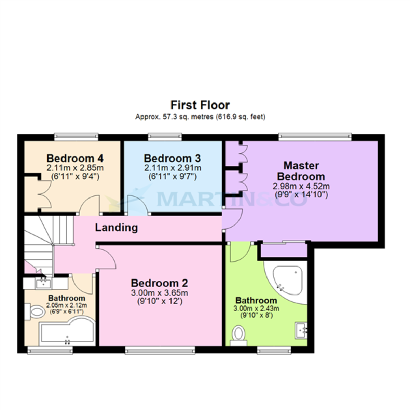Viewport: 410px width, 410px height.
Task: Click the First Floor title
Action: pyautogui.click(x=200, y=105)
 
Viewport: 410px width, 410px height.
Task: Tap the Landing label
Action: pyautogui.click(x=116, y=228)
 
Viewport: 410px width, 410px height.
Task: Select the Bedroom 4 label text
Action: pyautogui.click(x=75, y=159)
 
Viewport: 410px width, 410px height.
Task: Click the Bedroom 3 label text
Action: pyautogui.click(x=172, y=159)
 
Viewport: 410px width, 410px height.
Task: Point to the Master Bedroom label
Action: pyautogui.click(x=301, y=171)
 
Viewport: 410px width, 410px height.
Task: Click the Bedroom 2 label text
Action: pyautogui.click(x=159, y=283)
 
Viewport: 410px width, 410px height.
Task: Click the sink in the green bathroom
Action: pyautogui.click(x=301, y=330)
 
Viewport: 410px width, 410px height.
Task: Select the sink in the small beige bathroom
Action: pyautogui.click(x=43, y=283)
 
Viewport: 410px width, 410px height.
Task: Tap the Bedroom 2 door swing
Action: pyautogui.click(x=107, y=258)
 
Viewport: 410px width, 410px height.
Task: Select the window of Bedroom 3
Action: pyautogui.click(x=165, y=137)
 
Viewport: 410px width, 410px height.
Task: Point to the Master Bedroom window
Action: pyautogui.click(x=315, y=137)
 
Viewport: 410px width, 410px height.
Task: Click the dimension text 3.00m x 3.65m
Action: pyautogui.click(x=159, y=293)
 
